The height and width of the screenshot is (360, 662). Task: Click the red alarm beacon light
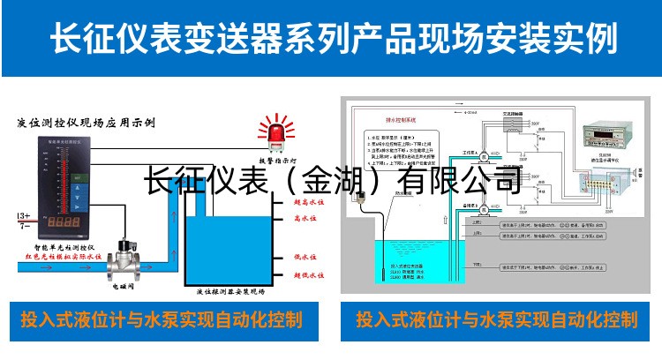(x=269, y=133)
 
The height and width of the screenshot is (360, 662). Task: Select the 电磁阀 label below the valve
(x=124, y=287)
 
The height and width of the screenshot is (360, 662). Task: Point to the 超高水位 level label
(x=305, y=200)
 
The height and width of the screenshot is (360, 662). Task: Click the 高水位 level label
(x=304, y=217)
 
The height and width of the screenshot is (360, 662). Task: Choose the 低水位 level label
(x=304, y=258)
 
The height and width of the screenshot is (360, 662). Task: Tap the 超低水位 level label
(x=305, y=276)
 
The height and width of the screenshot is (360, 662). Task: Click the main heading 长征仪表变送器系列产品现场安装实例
(x=331, y=40)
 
